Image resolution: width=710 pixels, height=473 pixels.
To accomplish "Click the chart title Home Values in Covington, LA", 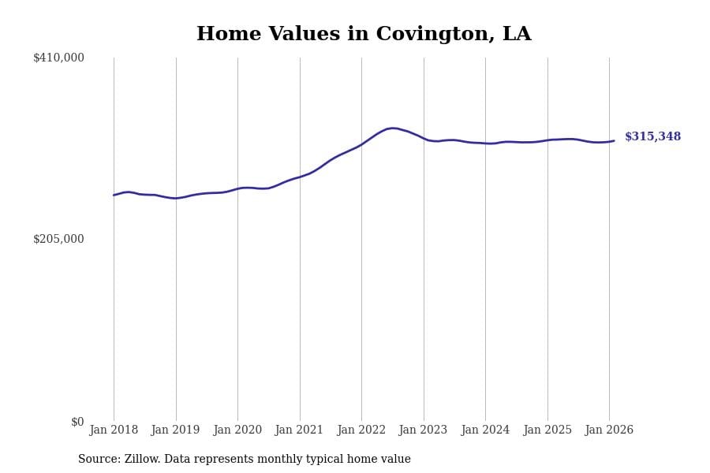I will tap(364, 35).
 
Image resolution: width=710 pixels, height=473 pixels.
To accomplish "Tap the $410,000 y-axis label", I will tap(58, 58).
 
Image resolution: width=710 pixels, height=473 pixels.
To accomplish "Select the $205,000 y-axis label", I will tap(58, 239).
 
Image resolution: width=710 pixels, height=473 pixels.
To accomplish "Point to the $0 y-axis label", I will tap(77, 422).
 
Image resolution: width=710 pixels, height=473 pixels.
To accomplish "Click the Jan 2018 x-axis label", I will tap(114, 430).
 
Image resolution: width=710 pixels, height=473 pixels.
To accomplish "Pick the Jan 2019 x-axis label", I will tap(175, 430).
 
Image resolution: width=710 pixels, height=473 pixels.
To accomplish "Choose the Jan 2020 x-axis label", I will tap(237, 430).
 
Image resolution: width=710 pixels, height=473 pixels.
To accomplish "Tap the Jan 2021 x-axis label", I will tap(299, 430).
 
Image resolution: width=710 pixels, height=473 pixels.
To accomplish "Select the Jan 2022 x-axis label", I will tap(361, 430).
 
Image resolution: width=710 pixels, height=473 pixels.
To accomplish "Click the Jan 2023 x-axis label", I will tap(423, 430).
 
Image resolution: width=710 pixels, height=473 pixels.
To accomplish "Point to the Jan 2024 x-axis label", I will tap(485, 430).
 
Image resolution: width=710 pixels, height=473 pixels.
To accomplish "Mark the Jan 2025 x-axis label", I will tap(547, 430).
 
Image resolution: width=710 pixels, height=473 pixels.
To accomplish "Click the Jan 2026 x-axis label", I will tap(609, 430).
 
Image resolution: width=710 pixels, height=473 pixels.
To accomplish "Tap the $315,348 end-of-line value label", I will tap(652, 137).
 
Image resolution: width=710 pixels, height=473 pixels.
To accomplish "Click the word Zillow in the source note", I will tap(144, 460).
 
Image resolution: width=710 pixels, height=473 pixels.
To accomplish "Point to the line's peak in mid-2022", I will tap(393, 128).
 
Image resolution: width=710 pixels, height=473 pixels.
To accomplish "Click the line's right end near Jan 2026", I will tap(614, 141).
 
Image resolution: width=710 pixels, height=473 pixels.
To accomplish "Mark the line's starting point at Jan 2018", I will tap(114, 195).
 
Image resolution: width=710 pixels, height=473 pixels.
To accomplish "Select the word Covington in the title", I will tap(426, 35).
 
